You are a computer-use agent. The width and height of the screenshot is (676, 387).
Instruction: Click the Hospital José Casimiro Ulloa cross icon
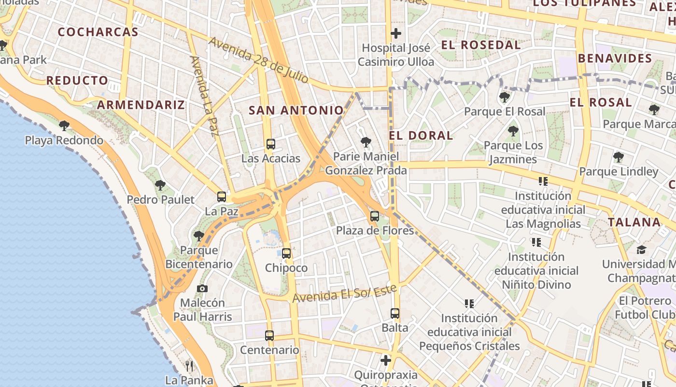point(396,33)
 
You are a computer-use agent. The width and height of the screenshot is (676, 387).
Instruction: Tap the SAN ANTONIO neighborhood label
point(296,110)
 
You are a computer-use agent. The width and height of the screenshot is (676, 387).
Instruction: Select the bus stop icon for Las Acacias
point(271,144)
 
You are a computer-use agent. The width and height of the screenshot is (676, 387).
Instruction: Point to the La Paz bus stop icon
point(222,197)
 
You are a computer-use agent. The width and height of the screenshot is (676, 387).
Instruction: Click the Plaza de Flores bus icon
point(375,216)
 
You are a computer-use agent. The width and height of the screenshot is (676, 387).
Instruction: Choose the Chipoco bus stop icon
point(286,253)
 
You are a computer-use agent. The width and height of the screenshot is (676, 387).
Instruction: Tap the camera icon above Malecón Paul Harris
point(202,289)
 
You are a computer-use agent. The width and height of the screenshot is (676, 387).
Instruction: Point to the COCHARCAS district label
point(98,32)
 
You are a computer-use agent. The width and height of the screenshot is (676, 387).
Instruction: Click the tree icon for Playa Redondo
point(64,126)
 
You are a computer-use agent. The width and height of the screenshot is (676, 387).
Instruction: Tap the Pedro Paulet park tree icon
point(160,185)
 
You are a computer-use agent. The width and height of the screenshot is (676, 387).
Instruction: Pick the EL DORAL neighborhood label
point(421,135)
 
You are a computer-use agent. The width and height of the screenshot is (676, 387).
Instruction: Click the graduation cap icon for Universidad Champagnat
point(641,250)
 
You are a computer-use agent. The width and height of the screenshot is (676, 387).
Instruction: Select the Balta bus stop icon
point(395,313)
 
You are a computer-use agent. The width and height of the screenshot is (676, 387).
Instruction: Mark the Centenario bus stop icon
point(269,335)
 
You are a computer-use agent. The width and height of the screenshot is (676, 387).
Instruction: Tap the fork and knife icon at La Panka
point(189,366)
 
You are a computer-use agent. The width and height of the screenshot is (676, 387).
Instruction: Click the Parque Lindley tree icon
point(618,157)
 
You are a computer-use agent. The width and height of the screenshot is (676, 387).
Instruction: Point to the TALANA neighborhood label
point(634,223)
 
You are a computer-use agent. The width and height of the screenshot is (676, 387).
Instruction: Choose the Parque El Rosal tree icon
point(505,97)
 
